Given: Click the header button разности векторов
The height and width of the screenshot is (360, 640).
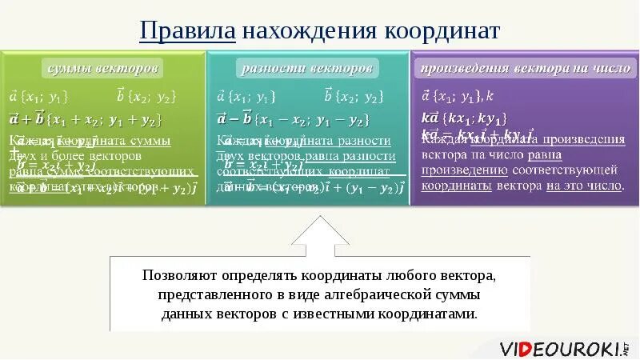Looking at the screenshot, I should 307,68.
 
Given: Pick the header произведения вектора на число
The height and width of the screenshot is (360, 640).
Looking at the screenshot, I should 526,68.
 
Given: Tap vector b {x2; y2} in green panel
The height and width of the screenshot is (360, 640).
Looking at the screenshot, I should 146,97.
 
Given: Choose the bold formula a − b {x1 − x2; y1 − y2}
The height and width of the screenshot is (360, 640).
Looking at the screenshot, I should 293,120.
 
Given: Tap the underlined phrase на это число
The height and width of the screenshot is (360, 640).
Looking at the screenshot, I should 584,185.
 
